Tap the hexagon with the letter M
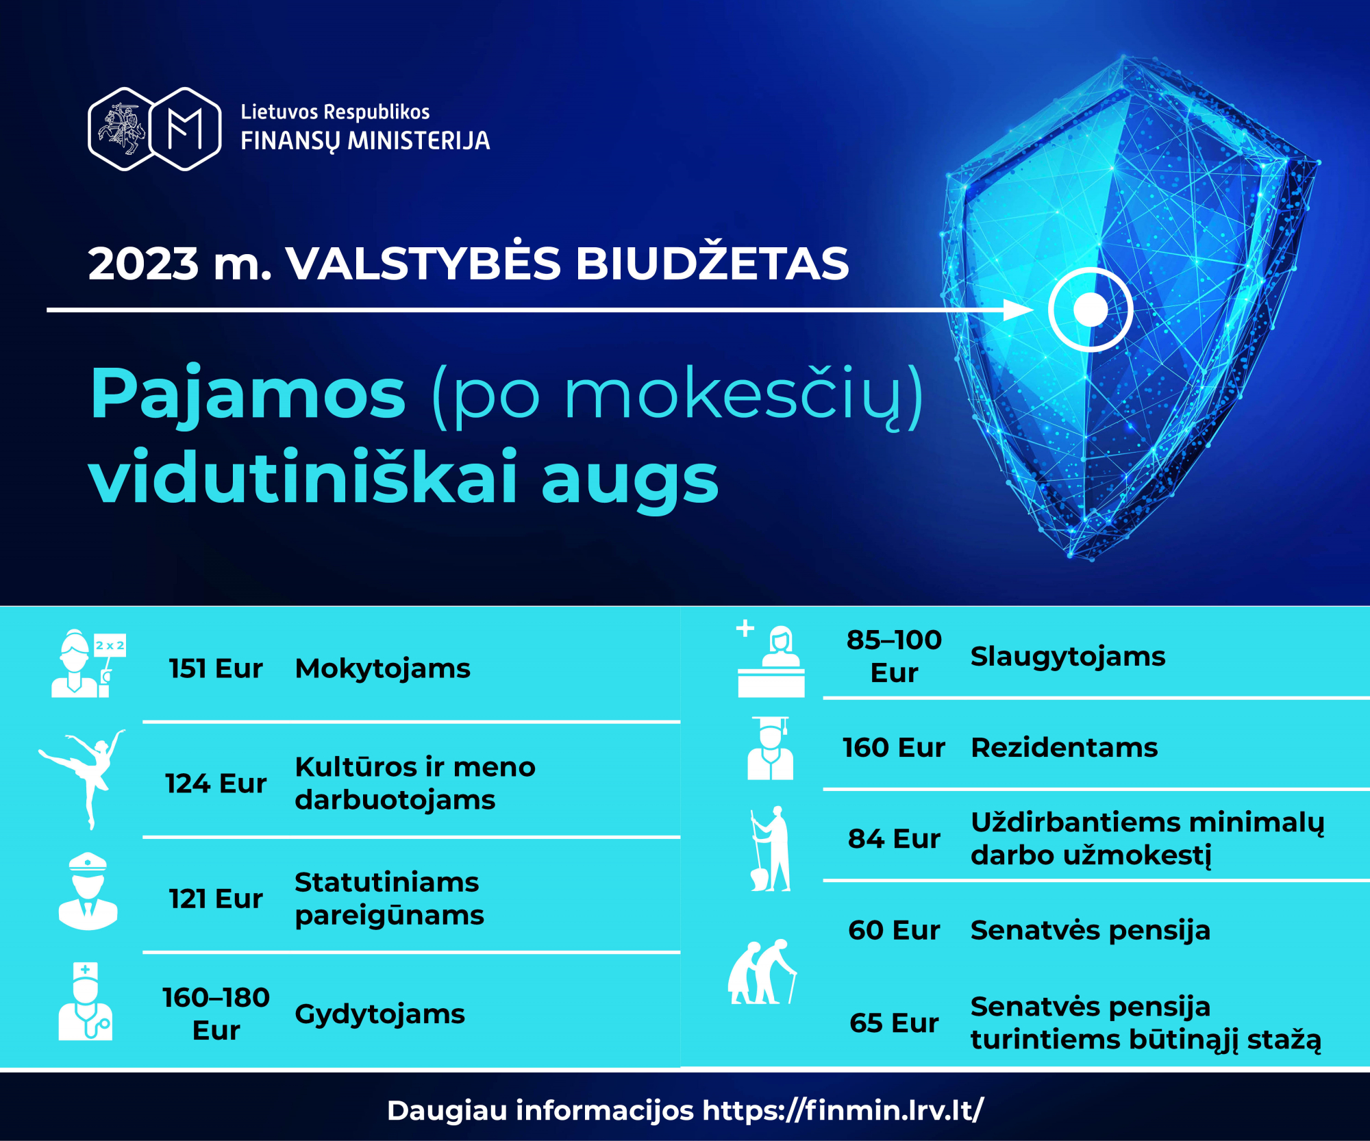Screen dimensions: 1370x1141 tap(185, 129)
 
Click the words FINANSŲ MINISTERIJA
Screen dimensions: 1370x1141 tap(365, 141)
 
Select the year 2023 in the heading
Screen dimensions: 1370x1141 tap(143, 264)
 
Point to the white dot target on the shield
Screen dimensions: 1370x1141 tap(1091, 310)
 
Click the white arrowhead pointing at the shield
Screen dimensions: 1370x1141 tap(1018, 310)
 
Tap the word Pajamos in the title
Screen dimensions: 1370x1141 tap(248, 395)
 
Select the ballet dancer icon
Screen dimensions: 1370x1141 tap(83, 779)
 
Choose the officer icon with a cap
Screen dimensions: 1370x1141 tap(88, 891)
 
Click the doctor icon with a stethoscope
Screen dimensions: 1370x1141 tap(85, 1001)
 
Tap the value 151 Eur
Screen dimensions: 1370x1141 tap(216, 668)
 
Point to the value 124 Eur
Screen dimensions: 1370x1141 tap(216, 783)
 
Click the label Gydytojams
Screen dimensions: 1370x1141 tap(379, 1014)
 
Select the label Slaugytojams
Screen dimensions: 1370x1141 tap(1068, 657)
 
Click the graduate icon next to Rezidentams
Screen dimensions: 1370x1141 tap(771, 748)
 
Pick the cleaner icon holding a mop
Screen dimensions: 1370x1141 tap(771, 849)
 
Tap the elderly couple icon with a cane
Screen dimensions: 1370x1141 tap(762, 972)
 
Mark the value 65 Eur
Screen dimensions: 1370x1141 tap(894, 1023)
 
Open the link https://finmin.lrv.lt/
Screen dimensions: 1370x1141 tap(843, 1110)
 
